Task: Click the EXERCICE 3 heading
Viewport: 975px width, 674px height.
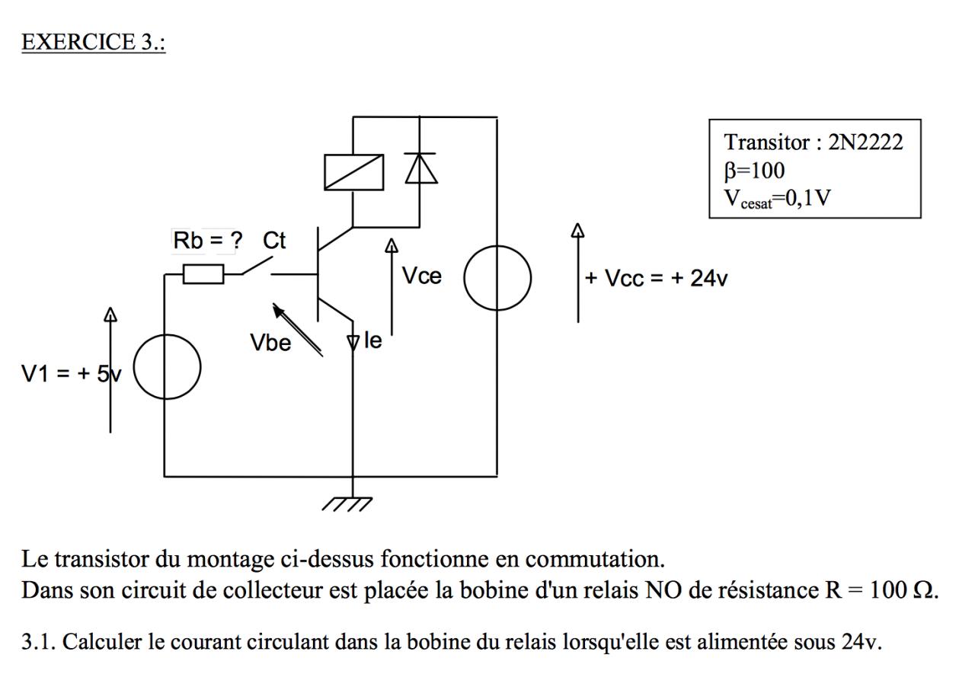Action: tap(94, 42)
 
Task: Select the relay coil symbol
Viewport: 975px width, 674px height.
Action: tap(354, 172)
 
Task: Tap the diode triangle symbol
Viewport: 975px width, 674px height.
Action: tap(420, 168)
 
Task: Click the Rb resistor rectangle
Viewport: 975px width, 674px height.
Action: tap(203, 274)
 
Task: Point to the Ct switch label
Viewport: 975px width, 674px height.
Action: tap(274, 240)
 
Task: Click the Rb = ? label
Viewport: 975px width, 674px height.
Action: tap(208, 240)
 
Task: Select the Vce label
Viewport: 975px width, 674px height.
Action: tap(421, 276)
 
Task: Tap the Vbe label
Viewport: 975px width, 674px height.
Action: tap(270, 343)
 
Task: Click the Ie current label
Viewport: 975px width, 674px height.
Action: tap(373, 340)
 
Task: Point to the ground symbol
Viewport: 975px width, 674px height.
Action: tap(347, 503)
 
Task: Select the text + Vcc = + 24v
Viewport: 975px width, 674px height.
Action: tap(656, 278)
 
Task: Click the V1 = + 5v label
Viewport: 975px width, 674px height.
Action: tap(72, 374)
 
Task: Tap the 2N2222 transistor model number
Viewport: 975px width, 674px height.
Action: tap(865, 142)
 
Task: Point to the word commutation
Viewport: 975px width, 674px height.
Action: tap(595, 559)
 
